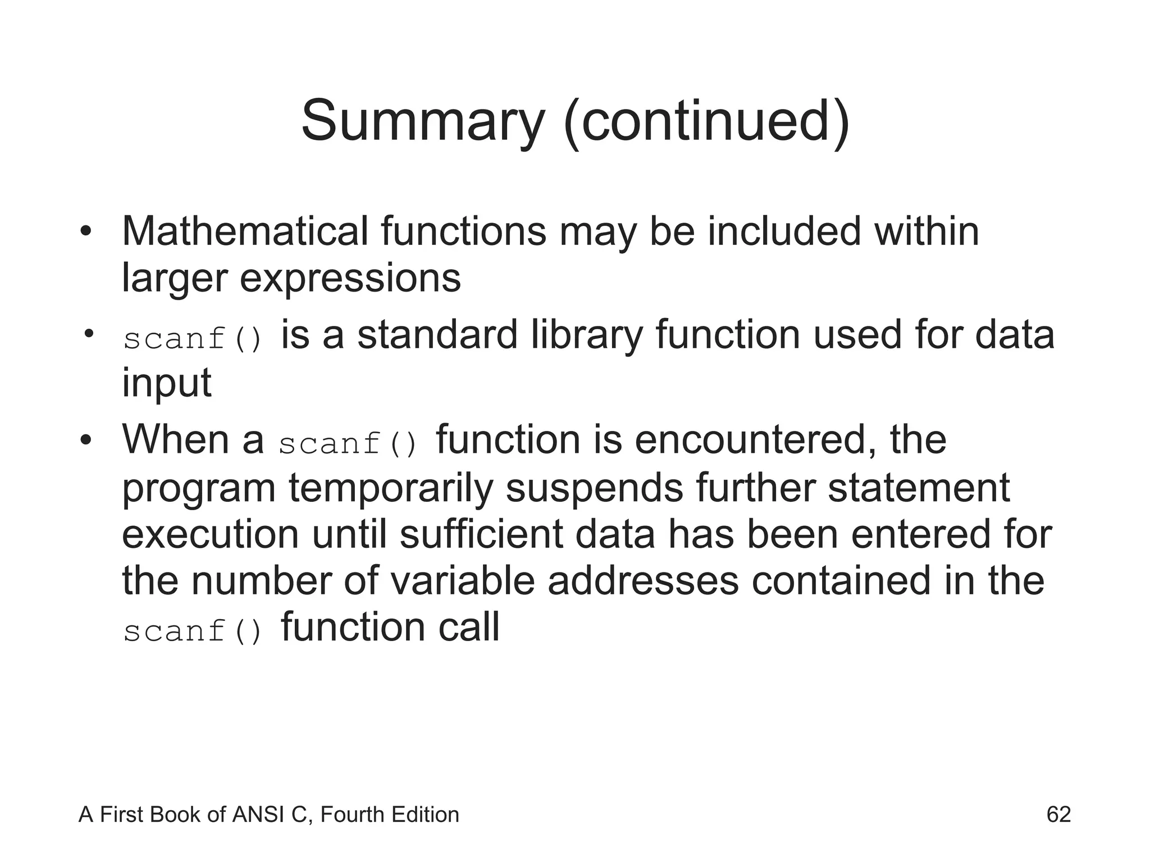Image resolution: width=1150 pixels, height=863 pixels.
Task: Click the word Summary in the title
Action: tap(423, 121)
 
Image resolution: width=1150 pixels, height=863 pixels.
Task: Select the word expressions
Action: tap(350, 278)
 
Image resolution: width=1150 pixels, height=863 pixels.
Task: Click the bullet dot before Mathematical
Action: tap(85, 232)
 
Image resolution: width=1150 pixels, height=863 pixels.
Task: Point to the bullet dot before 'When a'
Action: tap(85, 440)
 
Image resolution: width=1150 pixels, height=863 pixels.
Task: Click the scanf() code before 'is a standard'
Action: tap(193, 339)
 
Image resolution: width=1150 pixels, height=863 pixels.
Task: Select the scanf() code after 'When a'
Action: tap(348, 444)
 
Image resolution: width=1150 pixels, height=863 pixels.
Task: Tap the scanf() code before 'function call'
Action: tap(193, 631)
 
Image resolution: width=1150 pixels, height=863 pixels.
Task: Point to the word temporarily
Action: tap(391, 488)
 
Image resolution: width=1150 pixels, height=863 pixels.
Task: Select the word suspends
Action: tap(594, 488)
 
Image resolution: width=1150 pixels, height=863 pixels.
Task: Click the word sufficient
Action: tap(481, 534)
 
